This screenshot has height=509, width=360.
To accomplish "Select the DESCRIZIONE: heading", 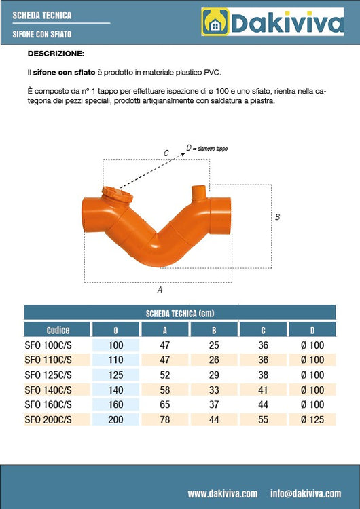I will (56, 52).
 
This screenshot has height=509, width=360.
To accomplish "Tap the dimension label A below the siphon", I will (159, 290).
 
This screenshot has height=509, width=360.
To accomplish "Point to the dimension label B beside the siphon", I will (277, 217).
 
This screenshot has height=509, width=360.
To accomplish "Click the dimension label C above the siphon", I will (166, 153).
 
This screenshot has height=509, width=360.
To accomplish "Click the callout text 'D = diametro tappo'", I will (211, 147).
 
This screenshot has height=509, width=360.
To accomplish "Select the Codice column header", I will (58, 330).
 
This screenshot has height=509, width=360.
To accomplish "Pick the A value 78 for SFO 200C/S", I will (165, 419).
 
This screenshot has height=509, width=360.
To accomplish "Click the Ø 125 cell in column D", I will (312, 419).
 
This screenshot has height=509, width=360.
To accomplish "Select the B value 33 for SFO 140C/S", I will (215, 390).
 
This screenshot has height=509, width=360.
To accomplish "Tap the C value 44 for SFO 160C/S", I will (264, 404).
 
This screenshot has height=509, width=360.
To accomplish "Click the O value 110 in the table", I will (115, 360).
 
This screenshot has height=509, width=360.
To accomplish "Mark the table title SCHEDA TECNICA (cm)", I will (180, 313).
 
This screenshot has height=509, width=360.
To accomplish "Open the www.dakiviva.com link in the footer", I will (222, 493).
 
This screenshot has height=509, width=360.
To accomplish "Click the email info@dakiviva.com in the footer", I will (305, 493).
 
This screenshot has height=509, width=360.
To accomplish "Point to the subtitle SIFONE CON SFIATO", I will (41, 33).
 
